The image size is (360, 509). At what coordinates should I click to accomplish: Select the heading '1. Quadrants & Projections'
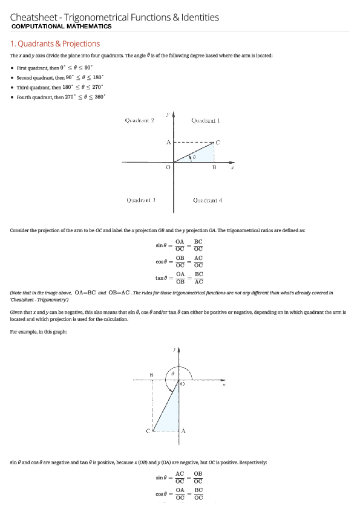coord(55,44)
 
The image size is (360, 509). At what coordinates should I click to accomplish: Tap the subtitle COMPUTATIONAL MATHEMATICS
coord(61,27)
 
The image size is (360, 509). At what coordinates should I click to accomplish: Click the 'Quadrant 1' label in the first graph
coord(205,120)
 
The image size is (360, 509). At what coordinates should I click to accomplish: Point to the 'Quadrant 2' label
coord(139,120)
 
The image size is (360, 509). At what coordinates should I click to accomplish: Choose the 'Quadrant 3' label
coord(140,200)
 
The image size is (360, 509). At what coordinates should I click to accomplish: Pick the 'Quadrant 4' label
coord(208,200)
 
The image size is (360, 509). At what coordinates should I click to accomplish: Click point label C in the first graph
coord(218,142)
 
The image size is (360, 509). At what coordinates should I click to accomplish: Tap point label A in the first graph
coord(168,142)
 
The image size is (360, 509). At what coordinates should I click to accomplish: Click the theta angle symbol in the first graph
coord(194,157)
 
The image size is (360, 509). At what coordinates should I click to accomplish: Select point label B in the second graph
coord(151,375)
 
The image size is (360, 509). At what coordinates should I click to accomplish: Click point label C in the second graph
coord(147,430)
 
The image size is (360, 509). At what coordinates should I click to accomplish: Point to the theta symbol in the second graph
coord(173,374)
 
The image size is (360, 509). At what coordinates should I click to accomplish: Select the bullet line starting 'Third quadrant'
coord(61,87)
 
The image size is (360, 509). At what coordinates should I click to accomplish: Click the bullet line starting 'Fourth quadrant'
coord(61,97)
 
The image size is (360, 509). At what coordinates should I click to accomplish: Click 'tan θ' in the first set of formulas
coord(160,278)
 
